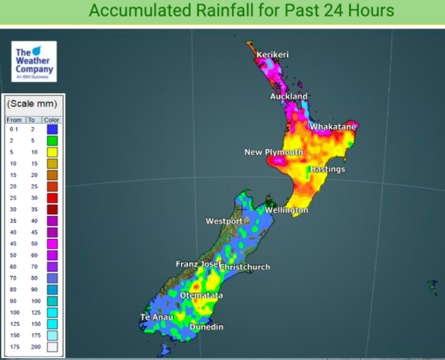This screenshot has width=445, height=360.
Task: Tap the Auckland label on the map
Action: pos(289,96)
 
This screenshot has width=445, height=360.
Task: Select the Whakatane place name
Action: pos(333,127)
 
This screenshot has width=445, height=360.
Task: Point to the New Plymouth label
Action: pos(274,152)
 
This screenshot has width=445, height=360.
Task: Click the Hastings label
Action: pos(327,169)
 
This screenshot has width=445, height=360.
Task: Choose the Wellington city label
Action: pos(287,210)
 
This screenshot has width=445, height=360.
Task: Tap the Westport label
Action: pos(224,221)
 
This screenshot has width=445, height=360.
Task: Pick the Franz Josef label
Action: pos(197,264)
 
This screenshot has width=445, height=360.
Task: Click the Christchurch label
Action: pos(245,267)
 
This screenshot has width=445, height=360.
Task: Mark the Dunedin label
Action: pos(206,327)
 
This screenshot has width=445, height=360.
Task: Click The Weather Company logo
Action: pos(34,61)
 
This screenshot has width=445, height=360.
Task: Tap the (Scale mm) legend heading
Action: pos(32,104)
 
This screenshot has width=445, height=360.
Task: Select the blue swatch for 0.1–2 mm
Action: pos(52,129)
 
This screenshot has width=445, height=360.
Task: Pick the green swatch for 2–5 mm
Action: pos(52,141)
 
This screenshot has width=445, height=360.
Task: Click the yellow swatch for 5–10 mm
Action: pos(52,152)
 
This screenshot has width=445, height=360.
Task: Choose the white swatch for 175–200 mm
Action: pos(52,347)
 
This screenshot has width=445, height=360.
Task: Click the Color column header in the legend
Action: pos(51,120)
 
